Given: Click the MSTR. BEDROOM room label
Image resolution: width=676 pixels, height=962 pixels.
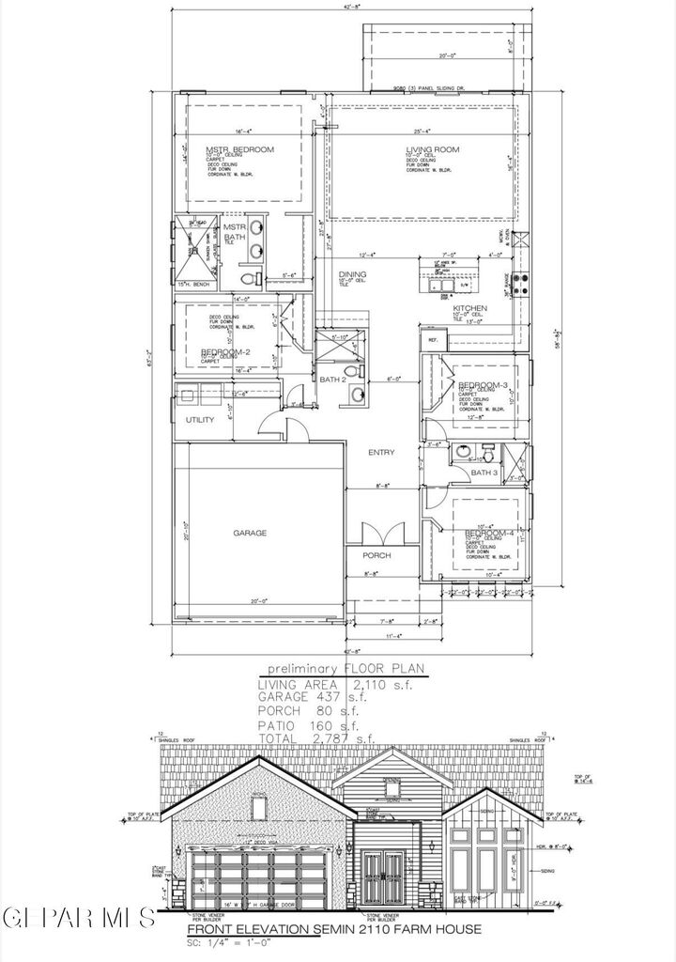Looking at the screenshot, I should click(x=239, y=150).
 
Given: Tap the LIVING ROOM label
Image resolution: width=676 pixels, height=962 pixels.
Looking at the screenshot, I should click(x=432, y=150).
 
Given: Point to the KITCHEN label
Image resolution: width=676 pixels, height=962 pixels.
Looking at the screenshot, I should click(x=469, y=308).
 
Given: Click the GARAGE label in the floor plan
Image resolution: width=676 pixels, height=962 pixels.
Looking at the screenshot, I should click(x=250, y=533).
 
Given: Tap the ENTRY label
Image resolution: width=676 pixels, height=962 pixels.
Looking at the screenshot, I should click(x=381, y=453).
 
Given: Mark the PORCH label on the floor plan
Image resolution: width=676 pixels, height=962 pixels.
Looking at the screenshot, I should click(x=377, y=555).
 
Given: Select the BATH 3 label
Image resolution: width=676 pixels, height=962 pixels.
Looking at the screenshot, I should click(x=483, y=473).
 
